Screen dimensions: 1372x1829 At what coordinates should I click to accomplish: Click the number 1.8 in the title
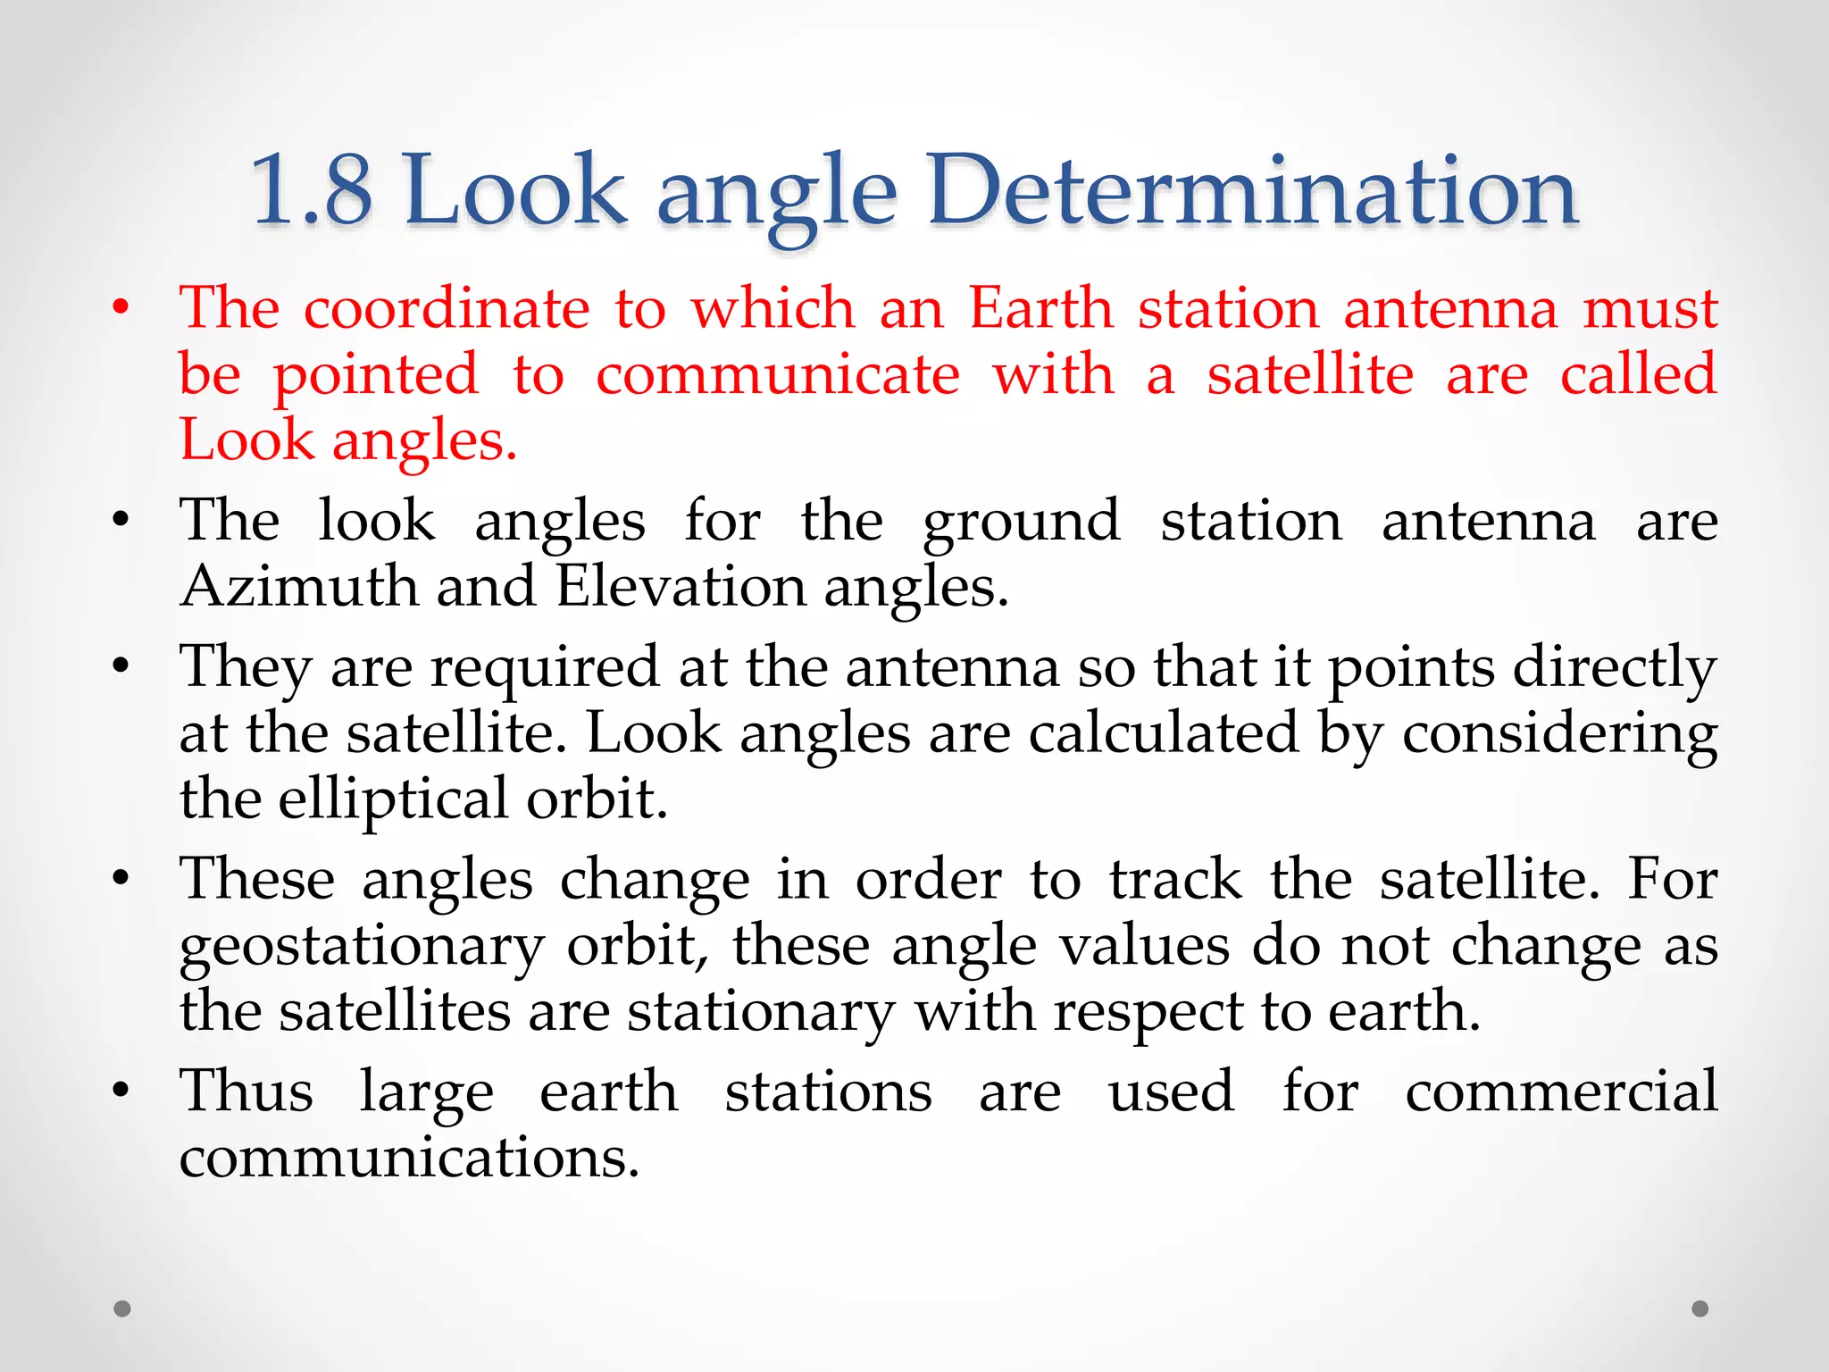click(311, 190)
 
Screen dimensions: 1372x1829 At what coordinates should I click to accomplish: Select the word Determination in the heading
click(1252, 190)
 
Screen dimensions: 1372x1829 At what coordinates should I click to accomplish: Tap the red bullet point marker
click(121, 309)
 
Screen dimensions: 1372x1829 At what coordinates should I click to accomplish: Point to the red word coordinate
click(447, 308)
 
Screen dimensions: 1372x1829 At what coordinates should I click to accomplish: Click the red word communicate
click(778, 374)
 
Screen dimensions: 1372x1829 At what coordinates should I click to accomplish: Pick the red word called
click(1638, 374)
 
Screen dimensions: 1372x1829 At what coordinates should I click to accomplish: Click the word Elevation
click(681, 587)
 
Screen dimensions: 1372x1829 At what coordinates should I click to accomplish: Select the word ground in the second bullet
click(1021, 523)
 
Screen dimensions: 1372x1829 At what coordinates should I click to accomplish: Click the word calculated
click(1163, 734)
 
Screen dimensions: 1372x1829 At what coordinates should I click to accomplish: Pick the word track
click(1175, 880)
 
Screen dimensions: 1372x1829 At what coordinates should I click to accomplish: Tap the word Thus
click(246, 1092)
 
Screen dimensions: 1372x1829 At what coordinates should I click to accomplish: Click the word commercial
click(1561, 1092)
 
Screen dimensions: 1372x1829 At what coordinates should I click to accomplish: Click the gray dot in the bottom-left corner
click(122, 1309)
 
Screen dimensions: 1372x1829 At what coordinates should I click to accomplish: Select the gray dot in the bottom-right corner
click(1700, 1309)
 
